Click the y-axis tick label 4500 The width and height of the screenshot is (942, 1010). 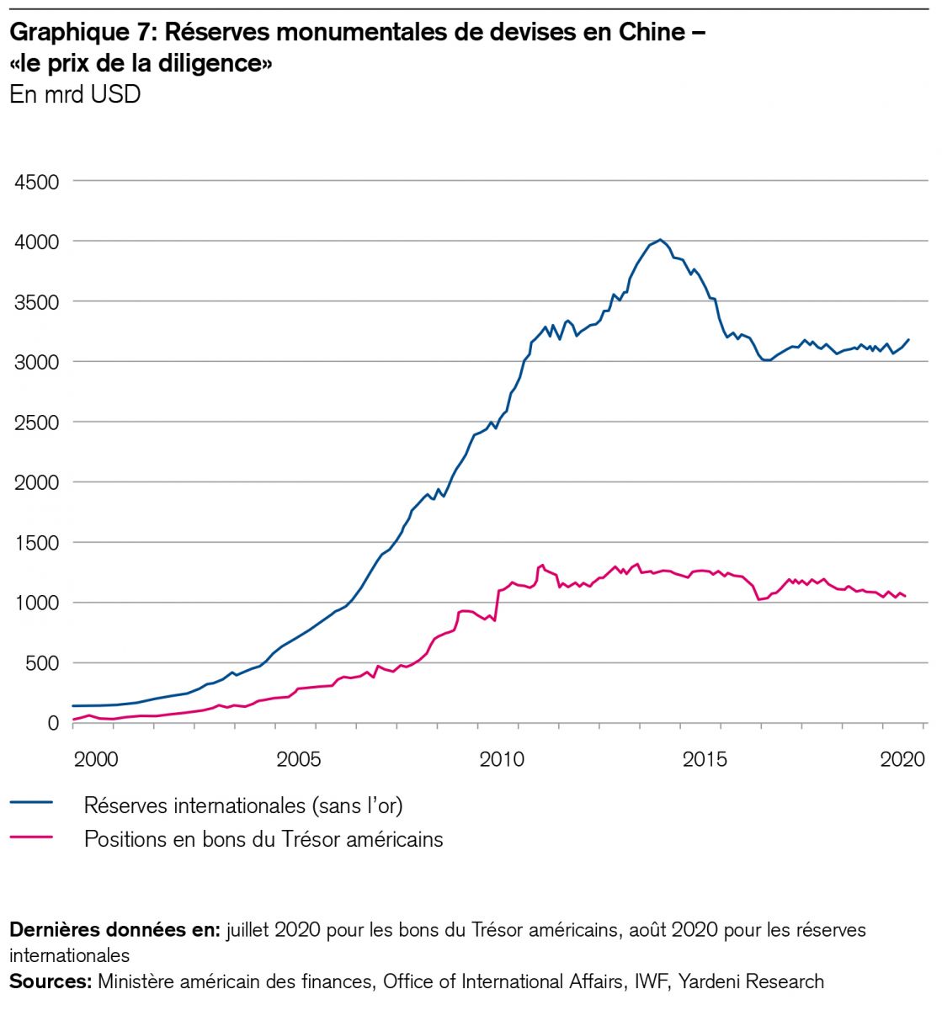click(35, 182)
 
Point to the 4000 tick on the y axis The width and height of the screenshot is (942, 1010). click(35, 242)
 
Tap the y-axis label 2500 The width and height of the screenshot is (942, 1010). click(35, 423)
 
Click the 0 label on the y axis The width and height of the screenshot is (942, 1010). click(53, 724)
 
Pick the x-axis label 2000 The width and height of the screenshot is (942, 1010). click(96, 759)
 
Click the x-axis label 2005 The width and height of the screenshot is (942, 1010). click(299, 759)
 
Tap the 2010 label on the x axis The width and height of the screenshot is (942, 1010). click(502, 759)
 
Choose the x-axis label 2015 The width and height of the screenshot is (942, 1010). click(705, 759)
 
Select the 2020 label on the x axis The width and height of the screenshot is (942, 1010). click(902, 759)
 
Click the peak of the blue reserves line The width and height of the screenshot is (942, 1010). click(661, 240)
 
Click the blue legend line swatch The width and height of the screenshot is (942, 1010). click(31, 803)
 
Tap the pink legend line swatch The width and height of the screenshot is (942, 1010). click(31, 837)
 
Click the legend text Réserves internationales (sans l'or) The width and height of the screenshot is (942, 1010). click(243, 805)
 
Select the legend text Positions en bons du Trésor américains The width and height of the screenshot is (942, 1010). click(263, 839)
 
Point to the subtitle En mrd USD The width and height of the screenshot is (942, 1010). click(74, 94)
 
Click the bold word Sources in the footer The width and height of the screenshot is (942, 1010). click(50, 981)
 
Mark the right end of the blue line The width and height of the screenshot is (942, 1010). click(908, 339)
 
